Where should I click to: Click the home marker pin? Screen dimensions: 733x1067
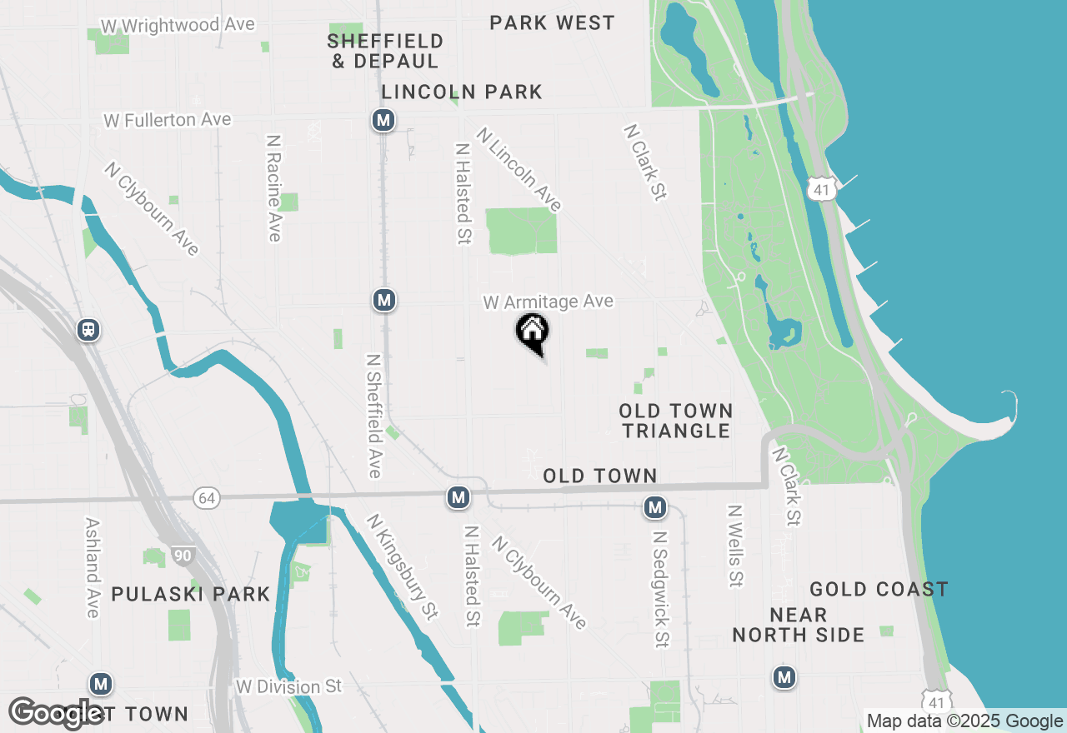coord(532,332)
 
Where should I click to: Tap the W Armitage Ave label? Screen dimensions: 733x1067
coord(548,302)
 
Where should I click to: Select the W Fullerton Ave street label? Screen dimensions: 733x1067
coord(167,120)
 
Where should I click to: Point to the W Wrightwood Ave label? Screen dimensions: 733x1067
coord(177,26)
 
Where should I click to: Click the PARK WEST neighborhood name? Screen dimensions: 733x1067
coord(552,22)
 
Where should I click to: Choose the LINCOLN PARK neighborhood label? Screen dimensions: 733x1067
coord(462,92)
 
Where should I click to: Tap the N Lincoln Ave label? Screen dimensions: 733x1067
coord(519,170)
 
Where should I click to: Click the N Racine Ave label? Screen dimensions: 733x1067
coord(273,187)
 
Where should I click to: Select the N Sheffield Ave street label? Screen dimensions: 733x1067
coord(374,416)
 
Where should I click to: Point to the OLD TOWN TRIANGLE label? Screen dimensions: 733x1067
coord(676,421)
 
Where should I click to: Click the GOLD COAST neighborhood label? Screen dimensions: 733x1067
coord(879,590)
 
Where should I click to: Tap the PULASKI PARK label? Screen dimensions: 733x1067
coord(191,594)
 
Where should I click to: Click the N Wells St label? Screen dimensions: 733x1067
coord(734,546)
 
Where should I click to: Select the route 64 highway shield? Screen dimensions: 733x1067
coord(206,498)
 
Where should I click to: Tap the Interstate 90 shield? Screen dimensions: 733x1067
coord(182,555)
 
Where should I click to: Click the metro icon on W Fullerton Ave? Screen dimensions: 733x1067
coord(383,121)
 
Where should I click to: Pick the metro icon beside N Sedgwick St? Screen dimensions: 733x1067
coord(655,506)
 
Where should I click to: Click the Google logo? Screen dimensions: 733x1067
coord(57,713)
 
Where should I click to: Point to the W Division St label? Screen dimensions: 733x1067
coord(289,686)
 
